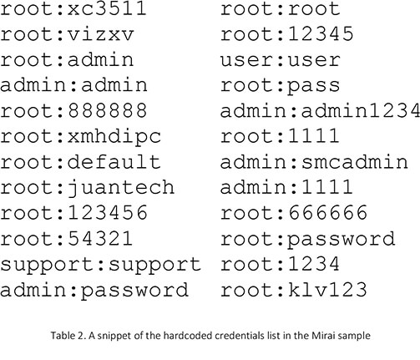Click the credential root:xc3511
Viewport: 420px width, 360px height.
(73, 9)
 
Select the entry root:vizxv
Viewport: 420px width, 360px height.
(67, 34)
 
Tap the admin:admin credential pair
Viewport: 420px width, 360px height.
(73, 85)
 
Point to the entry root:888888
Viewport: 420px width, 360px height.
(73, 110)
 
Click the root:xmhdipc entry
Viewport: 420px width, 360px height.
(80, 137)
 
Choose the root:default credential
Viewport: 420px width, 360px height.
(80, 162)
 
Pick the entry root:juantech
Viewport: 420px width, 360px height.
(87, 188)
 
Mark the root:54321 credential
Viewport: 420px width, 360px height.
(66, 239)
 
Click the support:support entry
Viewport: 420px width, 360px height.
(100, 265)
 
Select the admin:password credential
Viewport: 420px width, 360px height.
(94, 291)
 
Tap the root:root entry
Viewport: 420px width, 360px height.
(280, 9)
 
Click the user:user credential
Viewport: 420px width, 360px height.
(280, 60)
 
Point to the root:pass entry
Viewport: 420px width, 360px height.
(280, 86)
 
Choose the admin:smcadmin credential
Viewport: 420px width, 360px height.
(314, 162)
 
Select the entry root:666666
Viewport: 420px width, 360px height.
(294, 213)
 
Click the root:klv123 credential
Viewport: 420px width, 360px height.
(294, 289)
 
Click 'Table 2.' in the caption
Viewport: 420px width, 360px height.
(68, 335)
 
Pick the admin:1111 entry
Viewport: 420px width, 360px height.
(287, 187)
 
